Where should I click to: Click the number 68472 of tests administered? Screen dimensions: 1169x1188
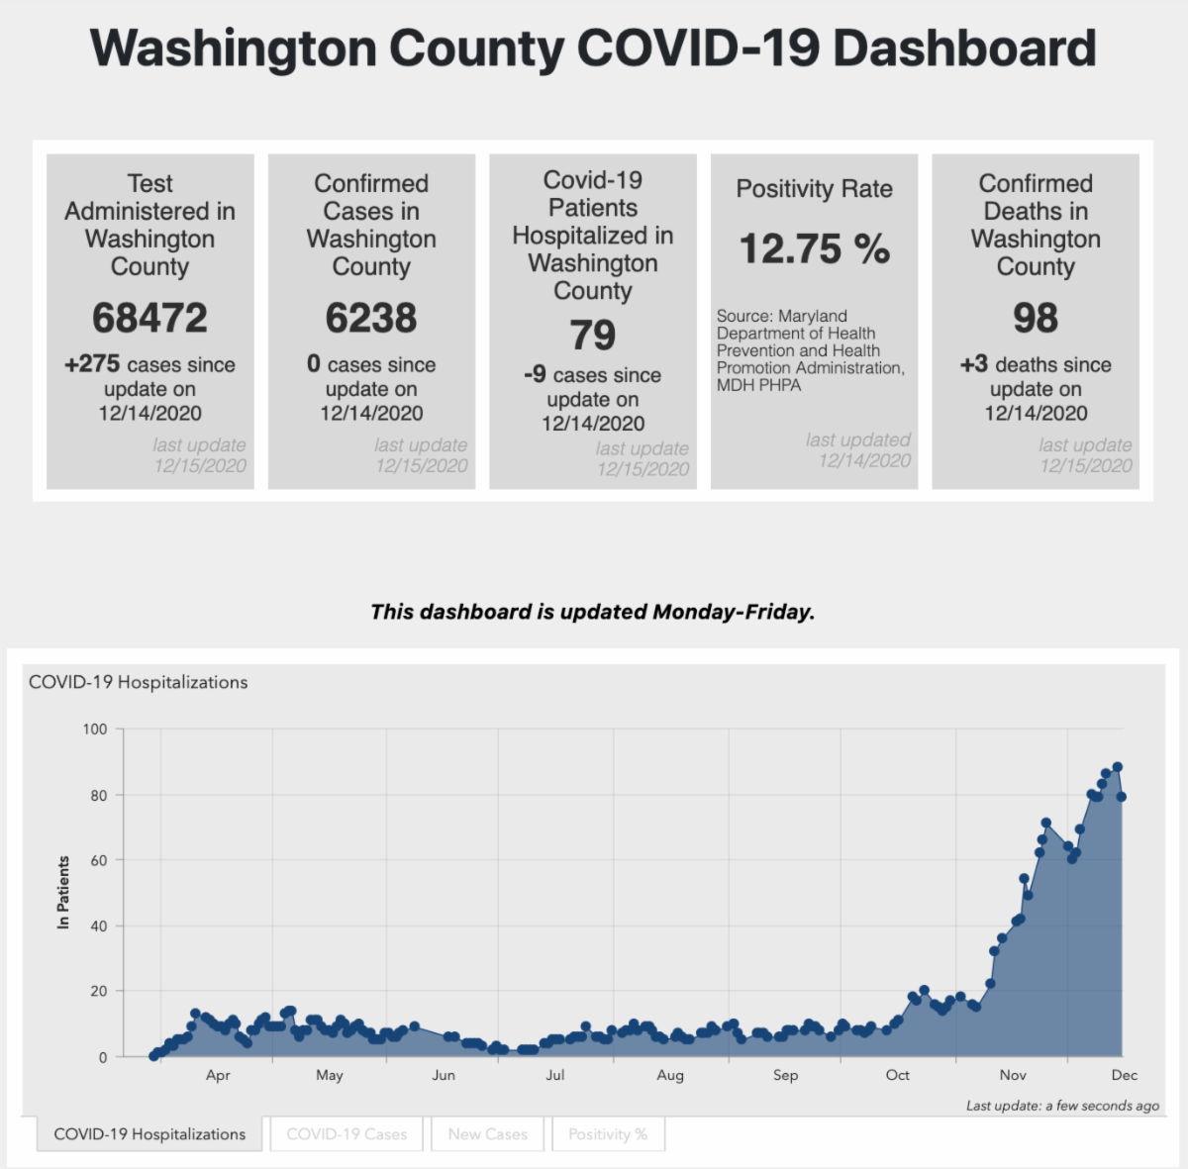click(149, 318)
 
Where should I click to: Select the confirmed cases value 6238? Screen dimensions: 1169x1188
click(371, 318)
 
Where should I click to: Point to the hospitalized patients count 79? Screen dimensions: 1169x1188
click(592, 336)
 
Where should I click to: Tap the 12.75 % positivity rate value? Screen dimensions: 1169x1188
click(814, 248)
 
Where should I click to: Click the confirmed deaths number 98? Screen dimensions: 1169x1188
click(1036, 318)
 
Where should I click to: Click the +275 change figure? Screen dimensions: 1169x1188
click(92, 364)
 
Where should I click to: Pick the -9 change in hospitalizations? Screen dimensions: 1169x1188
click(535, 375)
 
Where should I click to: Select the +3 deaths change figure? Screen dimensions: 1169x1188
click(974, 364)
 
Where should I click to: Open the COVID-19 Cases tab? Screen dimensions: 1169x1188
click(346, 1134)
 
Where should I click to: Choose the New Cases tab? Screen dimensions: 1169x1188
click(487, 1134)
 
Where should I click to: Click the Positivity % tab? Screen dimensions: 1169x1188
click(608, 1134)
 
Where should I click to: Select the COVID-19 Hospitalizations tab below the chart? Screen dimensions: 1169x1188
click(149, 1134)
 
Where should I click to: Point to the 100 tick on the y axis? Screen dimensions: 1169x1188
click(95, 730)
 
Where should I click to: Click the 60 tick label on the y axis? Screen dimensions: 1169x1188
click(99, 860)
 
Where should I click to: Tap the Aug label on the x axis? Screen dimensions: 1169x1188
click(670, 1075)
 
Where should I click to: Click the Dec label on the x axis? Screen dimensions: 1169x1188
click(1125, 1075)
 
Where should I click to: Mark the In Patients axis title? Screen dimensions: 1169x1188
click(63, 892)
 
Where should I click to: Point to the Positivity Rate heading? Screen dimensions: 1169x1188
click(814, 189)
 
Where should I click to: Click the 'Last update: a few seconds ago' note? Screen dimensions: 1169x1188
click(1062, 1106)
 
